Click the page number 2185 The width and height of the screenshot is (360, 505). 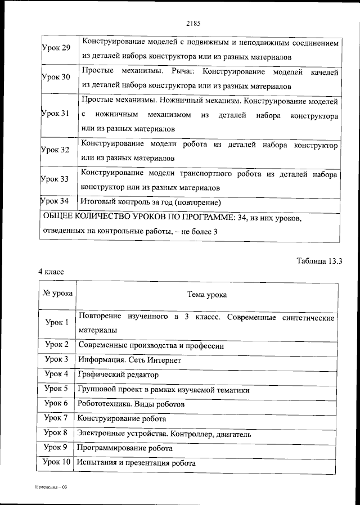[192, 24]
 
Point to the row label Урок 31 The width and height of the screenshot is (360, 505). [56, 113]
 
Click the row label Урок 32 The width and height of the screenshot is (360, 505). [56, 150]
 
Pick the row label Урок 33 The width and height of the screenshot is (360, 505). [56, 179]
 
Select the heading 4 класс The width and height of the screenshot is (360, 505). [51, 272]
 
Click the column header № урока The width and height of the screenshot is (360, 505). [56, 294]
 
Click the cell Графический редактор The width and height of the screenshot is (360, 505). [119, 375]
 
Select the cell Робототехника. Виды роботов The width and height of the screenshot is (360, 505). [132, 404]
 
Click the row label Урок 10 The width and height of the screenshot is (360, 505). [57, 462]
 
